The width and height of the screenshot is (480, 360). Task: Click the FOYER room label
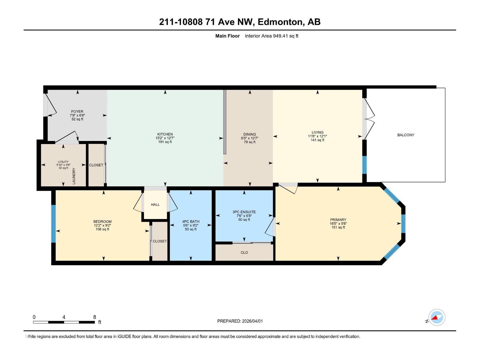[77, 111]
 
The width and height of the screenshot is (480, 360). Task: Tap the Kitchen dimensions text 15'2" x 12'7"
[165, 138]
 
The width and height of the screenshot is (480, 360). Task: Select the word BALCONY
[406, 135]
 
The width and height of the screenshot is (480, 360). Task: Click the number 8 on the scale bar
[94, 317]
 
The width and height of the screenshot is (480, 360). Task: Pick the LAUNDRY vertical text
[74, 176]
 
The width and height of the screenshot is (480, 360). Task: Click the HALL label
[155, 205]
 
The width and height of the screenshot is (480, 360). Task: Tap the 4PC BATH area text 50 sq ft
[191, 229]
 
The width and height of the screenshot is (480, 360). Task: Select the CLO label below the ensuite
[244, 253]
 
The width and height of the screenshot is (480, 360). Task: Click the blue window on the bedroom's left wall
[53, 223]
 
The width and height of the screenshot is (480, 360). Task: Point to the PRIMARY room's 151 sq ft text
[338, 227]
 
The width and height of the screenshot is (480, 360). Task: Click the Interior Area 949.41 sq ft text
[271, 36]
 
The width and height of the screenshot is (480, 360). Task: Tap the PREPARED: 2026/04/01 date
[240, 321]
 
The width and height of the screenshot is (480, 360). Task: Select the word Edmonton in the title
[280, 22]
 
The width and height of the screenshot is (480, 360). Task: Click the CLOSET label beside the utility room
[96, 165]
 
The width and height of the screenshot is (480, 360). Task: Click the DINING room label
[250, 134]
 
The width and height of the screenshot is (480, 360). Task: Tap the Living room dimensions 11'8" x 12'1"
[317, 136]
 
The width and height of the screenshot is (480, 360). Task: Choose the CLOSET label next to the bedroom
[160, 241]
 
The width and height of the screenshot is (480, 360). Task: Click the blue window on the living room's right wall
[364, 165]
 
